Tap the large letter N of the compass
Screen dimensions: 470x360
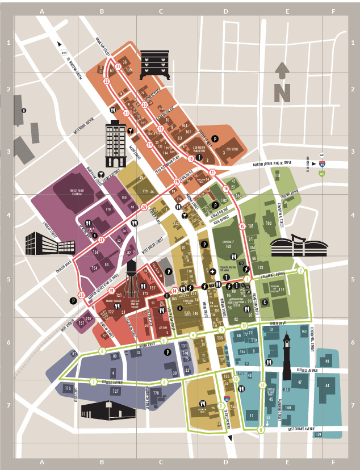tap(282, 92)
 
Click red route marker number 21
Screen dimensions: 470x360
tap(119, 67)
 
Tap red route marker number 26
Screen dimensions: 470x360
tap(144, 207)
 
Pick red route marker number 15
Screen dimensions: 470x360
tap(242, 226)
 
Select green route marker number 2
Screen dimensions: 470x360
tap(301, 271)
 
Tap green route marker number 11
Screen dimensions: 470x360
tap(261, 430)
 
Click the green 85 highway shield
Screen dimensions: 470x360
tap(322, 173)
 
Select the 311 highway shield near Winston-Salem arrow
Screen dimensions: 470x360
tap(63, 52)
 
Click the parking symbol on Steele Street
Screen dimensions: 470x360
tap(215, 138)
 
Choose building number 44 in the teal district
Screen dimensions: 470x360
tap(327, 385)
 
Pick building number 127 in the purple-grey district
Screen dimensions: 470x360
tap(115, 391)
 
